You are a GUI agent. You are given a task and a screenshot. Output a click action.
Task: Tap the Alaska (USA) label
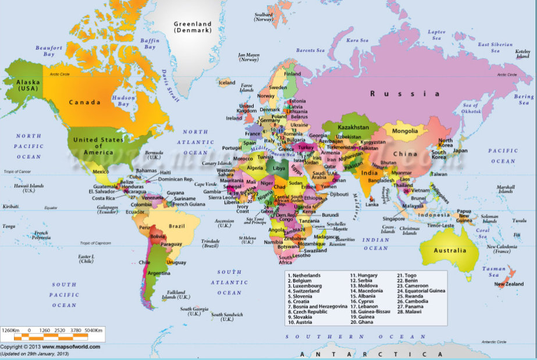(27, 85)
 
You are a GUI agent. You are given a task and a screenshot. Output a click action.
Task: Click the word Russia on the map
(406, 93)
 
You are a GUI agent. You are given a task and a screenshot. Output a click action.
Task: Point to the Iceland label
(227, 83)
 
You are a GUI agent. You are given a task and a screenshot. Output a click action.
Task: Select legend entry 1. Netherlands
(304, 275)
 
